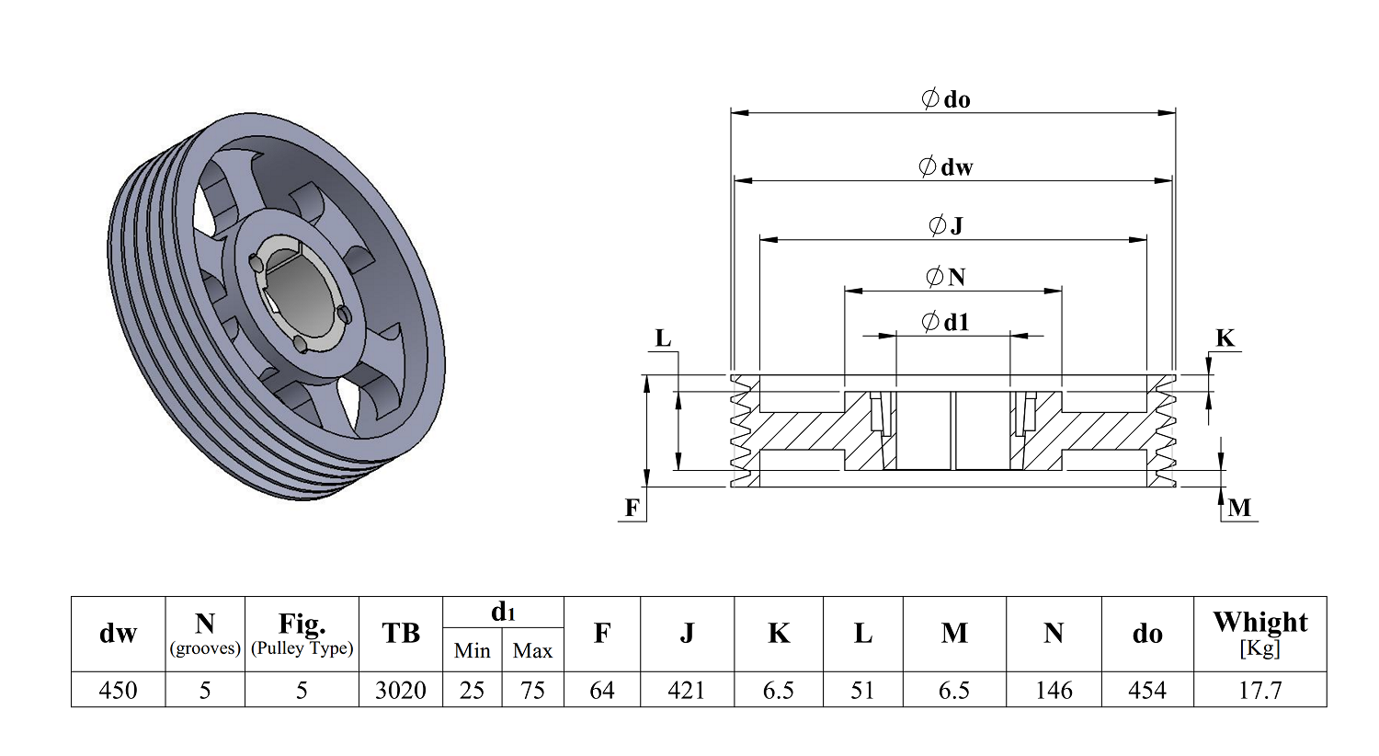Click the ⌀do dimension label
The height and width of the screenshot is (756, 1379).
coord(946,99)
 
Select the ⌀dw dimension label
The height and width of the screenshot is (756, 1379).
coord(945,166)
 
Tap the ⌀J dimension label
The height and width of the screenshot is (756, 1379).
coord(946,224)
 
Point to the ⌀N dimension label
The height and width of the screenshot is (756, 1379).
coord(946,276)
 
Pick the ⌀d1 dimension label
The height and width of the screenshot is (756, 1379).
coord(946,322)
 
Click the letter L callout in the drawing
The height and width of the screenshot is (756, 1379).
coord(663,338)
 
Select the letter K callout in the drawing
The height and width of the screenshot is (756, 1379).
coord(1225,338)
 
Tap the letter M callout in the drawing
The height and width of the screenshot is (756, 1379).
coord(1239,508)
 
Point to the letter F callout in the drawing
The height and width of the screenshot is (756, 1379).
coord(633,508)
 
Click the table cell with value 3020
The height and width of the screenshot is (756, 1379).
coord(400,690)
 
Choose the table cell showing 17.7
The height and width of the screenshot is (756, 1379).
coord(1259,690)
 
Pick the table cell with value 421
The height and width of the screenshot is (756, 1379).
coord(687,690)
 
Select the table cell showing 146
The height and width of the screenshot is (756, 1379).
coord(1054,690)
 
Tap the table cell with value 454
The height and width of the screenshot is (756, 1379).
coord(1147,690)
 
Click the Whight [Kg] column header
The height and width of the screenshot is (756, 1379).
coord(1259,634)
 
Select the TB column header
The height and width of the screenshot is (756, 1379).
coord(400,634)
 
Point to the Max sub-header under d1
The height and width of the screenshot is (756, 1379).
coord(532,651)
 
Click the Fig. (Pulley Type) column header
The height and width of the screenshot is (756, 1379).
coord(302,634)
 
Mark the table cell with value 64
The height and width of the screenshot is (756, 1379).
coord(601,690)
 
